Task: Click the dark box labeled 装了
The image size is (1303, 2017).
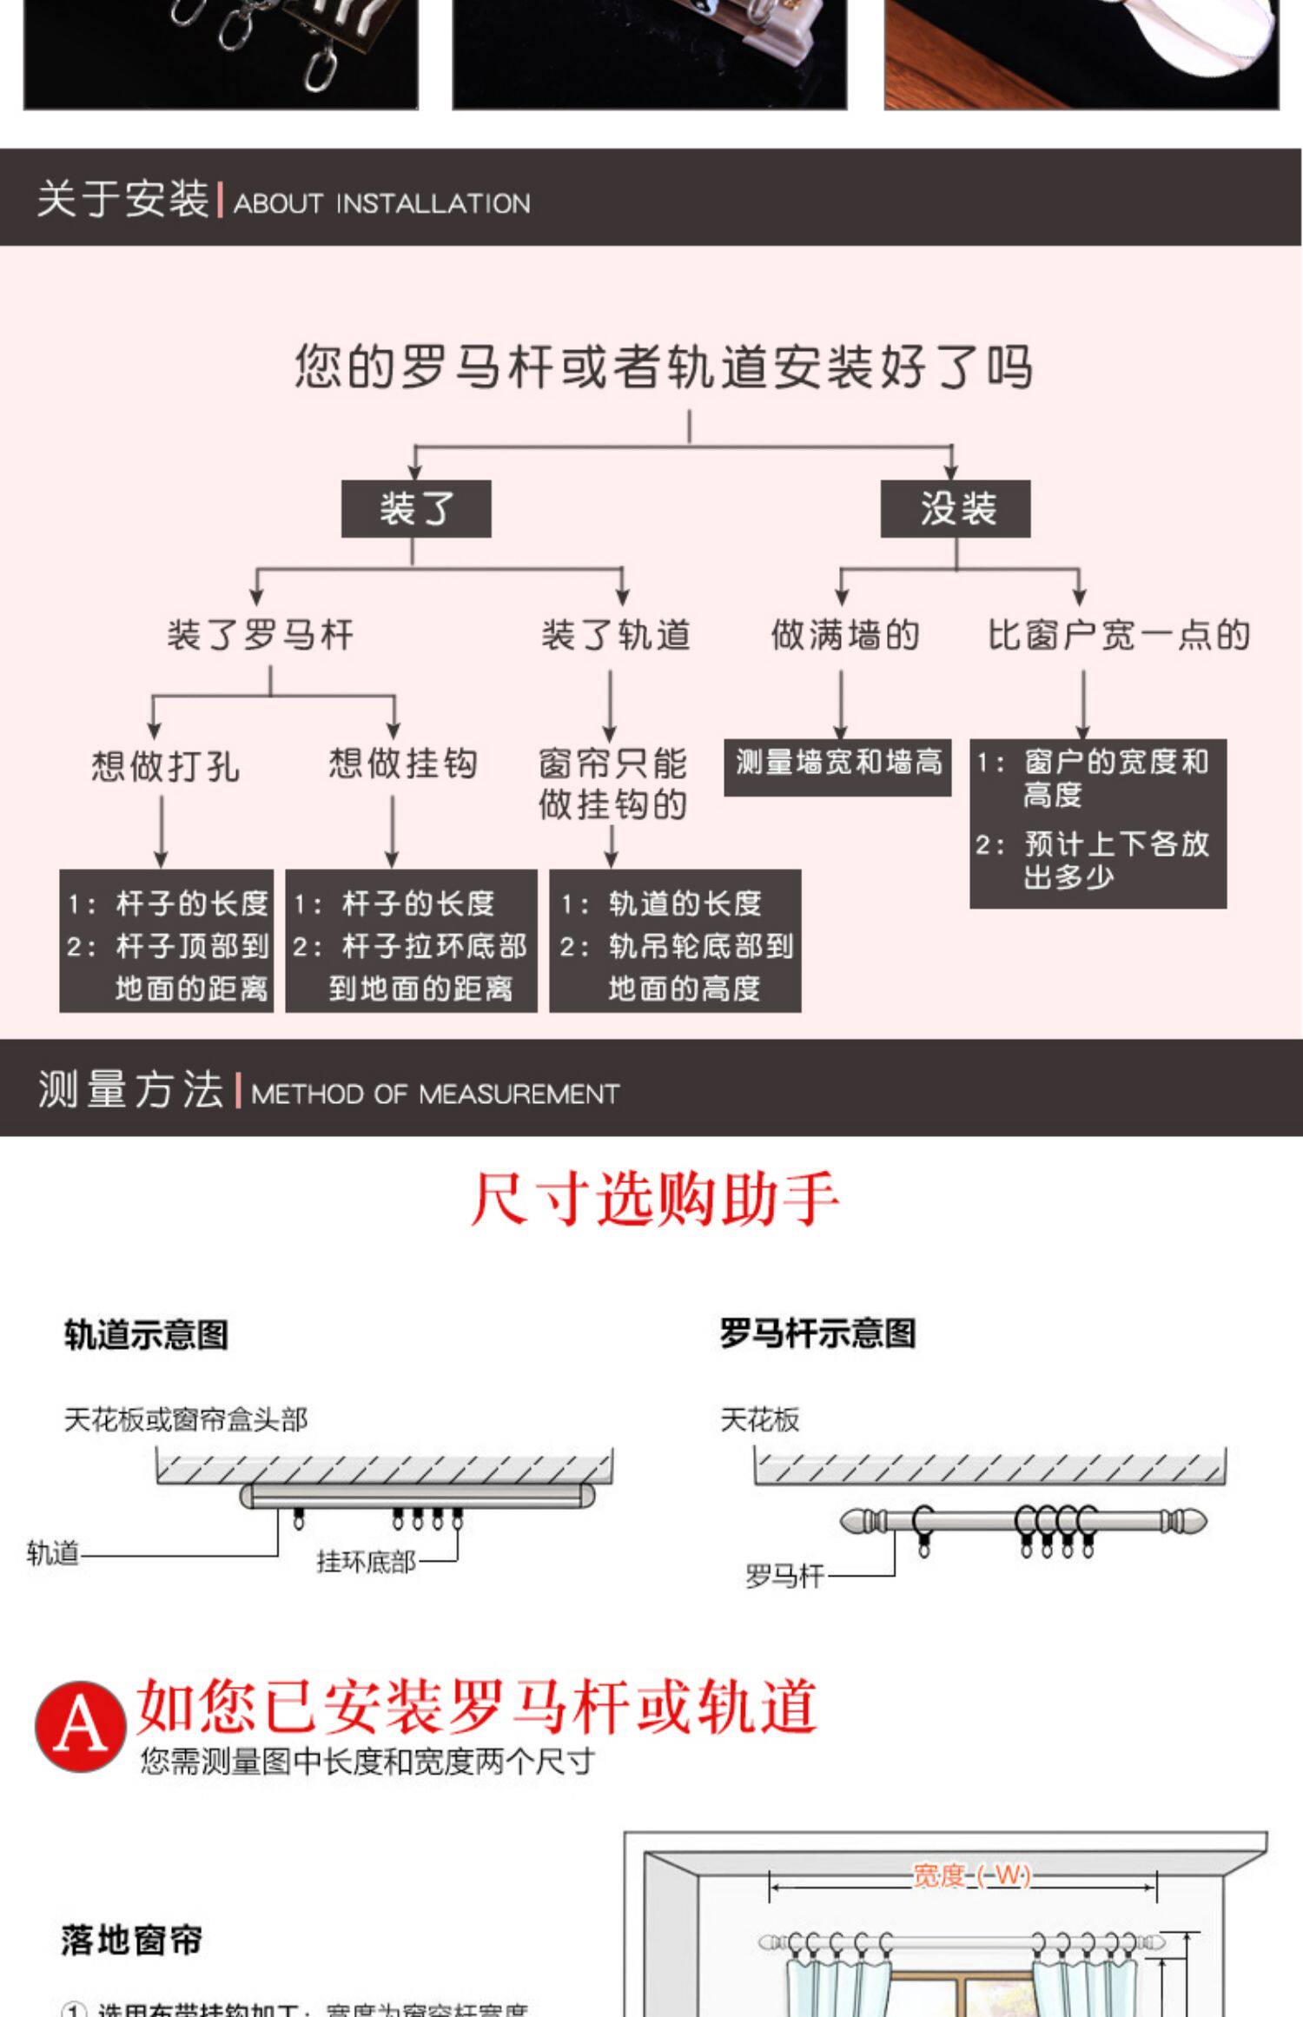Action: tap(415, 508)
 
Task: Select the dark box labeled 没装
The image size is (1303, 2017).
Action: tap(956, 508)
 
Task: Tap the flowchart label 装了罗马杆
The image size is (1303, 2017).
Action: tap(261, 635)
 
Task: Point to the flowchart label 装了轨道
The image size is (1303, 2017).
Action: tap(616, 635)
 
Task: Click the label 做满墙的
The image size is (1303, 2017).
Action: tap(845, 635)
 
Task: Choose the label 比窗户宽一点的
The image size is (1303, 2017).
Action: tap(1119, 635)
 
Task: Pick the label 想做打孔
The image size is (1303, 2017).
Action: tap(165, 765)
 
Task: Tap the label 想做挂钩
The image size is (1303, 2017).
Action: tap(403, 764)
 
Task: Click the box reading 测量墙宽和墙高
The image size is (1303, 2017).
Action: tap(838, 765)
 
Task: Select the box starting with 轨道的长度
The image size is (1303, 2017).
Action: tap(675, 942)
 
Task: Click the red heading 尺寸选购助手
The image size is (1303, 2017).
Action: tap(655, 1200)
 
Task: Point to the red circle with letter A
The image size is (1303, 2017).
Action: tap(79, 1725)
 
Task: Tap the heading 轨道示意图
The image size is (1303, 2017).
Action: tap(146, 1334)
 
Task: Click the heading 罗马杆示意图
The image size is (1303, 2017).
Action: tap(817, 1333)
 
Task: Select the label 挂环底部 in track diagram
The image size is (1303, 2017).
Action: tap(366, 1562)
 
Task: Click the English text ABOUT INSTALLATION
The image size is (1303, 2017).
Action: tap(381, 203)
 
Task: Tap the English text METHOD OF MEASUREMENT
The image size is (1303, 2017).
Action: tap(435, 1094)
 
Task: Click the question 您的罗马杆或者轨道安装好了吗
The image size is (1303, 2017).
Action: tap(664, 367)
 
